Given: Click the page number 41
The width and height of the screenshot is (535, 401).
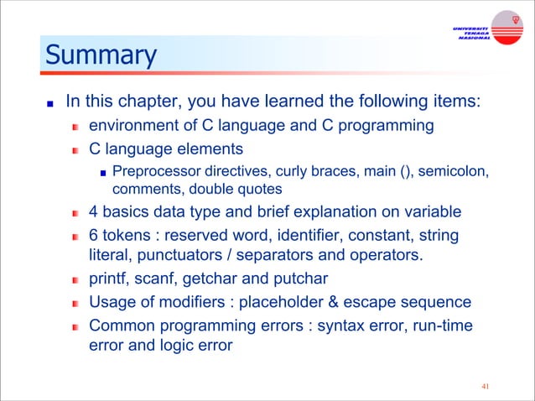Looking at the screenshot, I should pyautogui.click(x=485, y=387).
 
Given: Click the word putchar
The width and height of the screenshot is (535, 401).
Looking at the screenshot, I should pyautogui.click(x=299, y=278).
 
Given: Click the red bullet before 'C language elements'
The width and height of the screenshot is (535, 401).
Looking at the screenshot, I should pyautogui.click(x=75, y=150).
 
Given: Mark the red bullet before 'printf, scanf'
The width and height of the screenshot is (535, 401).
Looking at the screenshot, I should pyautogui.click(x=75, y=279).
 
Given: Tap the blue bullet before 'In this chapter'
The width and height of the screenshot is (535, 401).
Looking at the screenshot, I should pyautogui.click(x=49, y=105).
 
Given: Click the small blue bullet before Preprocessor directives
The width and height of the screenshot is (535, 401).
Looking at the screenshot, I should pyautogui.click(x=102, y=174).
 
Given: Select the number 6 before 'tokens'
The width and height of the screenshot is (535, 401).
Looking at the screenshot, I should pyautogui.click(x=93, y=235).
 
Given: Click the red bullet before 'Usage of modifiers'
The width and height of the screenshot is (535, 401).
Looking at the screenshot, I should pyautogui.click(x=75, y=302).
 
